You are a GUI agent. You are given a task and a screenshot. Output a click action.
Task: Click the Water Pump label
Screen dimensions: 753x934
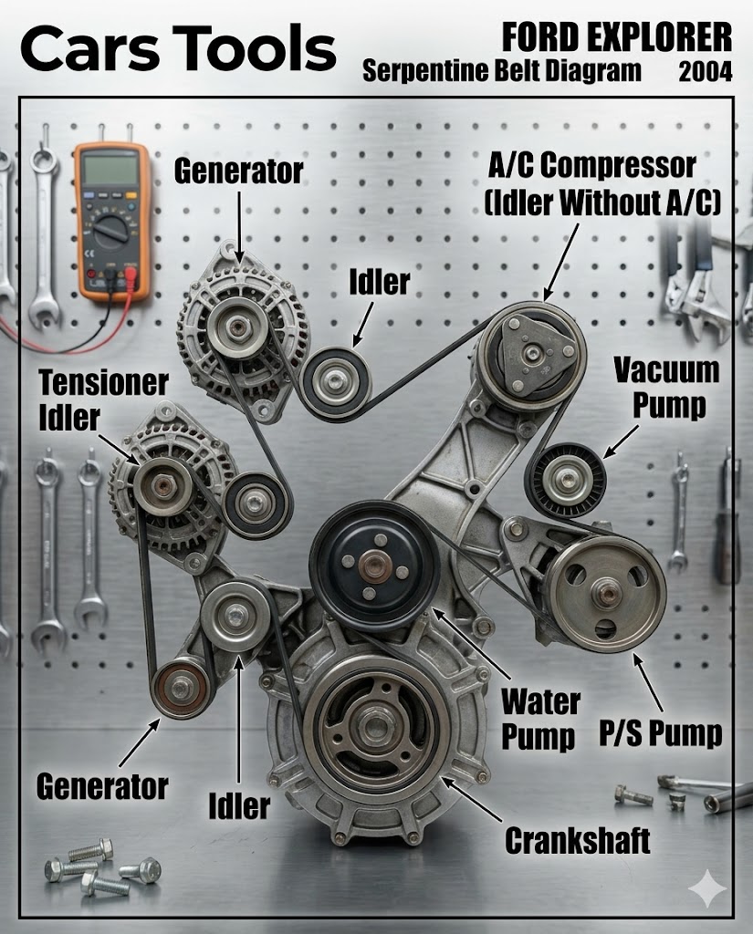(539, 720)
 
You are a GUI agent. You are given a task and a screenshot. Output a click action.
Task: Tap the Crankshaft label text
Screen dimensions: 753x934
(577, 841)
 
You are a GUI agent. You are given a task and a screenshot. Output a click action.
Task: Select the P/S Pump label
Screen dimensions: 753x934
(661, 732)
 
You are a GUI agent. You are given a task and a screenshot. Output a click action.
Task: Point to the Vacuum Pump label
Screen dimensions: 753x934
(667, 388)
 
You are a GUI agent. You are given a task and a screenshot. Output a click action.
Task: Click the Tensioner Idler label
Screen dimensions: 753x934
(103, 400)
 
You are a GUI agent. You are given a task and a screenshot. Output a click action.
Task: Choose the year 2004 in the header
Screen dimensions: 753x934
(706, 72)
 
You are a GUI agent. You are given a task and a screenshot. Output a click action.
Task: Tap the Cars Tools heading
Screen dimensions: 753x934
(178, 49)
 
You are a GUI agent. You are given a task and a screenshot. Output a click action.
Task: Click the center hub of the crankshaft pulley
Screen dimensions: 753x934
(376, 725)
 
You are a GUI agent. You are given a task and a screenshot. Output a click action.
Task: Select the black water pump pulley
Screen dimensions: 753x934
(374, 566)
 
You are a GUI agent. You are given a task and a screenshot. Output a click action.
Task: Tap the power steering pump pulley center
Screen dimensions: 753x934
(607, 593)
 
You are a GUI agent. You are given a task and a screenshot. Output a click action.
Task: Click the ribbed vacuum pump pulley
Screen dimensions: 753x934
(566, 481)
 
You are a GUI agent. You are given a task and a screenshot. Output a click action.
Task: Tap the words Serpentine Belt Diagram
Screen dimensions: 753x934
(502, 72)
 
